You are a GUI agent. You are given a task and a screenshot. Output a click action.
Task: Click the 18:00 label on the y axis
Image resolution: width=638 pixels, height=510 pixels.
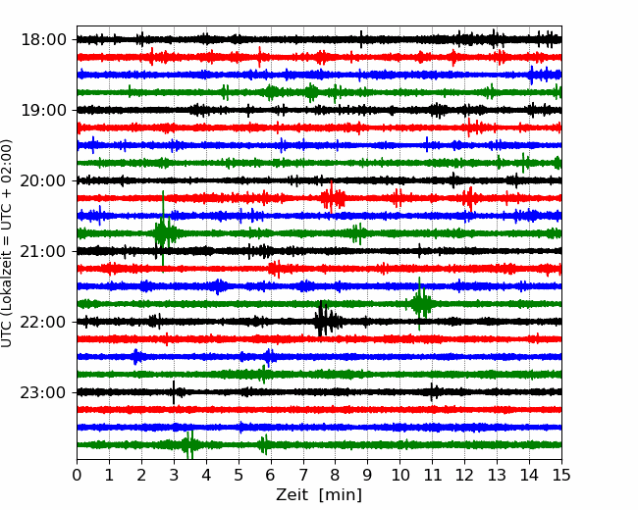[43, 40]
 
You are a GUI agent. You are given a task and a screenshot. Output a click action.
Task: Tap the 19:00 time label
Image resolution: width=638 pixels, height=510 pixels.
[43, 110]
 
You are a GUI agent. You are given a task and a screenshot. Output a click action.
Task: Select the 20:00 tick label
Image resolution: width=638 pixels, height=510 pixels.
[43, 180]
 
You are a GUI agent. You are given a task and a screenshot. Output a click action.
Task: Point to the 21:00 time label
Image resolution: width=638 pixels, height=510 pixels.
[43, 251]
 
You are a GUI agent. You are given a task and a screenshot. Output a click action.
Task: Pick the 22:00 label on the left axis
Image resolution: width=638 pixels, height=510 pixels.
[43, 322]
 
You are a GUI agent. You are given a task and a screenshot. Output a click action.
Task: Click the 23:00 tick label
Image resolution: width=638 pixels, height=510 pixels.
[43, 392]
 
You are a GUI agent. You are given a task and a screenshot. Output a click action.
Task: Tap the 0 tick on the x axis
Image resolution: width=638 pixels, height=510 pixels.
[77, 475]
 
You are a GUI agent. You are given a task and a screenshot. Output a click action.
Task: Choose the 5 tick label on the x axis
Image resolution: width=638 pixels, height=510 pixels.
[239, 475]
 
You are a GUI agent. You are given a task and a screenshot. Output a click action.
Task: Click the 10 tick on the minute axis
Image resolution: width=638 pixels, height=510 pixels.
[399, 475]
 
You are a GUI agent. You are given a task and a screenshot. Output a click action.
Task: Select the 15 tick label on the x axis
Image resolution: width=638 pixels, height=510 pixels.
[561, 475]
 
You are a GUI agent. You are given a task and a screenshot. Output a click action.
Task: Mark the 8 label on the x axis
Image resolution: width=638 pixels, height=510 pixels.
[336, 475]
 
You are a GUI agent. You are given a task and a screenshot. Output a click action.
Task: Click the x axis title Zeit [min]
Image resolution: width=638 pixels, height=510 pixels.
[319, 495]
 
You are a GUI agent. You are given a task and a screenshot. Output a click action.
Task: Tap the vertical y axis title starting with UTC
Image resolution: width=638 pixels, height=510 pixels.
[7, 243]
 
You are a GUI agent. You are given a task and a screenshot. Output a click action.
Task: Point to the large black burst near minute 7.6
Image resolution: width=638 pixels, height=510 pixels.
[325, 320]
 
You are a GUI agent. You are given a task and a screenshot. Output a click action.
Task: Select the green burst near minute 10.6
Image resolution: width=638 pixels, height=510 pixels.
[421, 304]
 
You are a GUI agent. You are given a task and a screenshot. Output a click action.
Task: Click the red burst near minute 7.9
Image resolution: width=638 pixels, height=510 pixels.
[333, 198]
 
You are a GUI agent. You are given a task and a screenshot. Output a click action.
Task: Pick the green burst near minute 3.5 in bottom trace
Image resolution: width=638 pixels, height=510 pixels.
[189, 444]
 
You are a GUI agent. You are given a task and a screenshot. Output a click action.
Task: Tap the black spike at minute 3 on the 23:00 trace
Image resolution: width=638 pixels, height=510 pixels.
[174, 392]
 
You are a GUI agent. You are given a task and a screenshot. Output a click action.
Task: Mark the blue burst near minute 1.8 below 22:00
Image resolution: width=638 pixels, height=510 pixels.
[136, 357]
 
